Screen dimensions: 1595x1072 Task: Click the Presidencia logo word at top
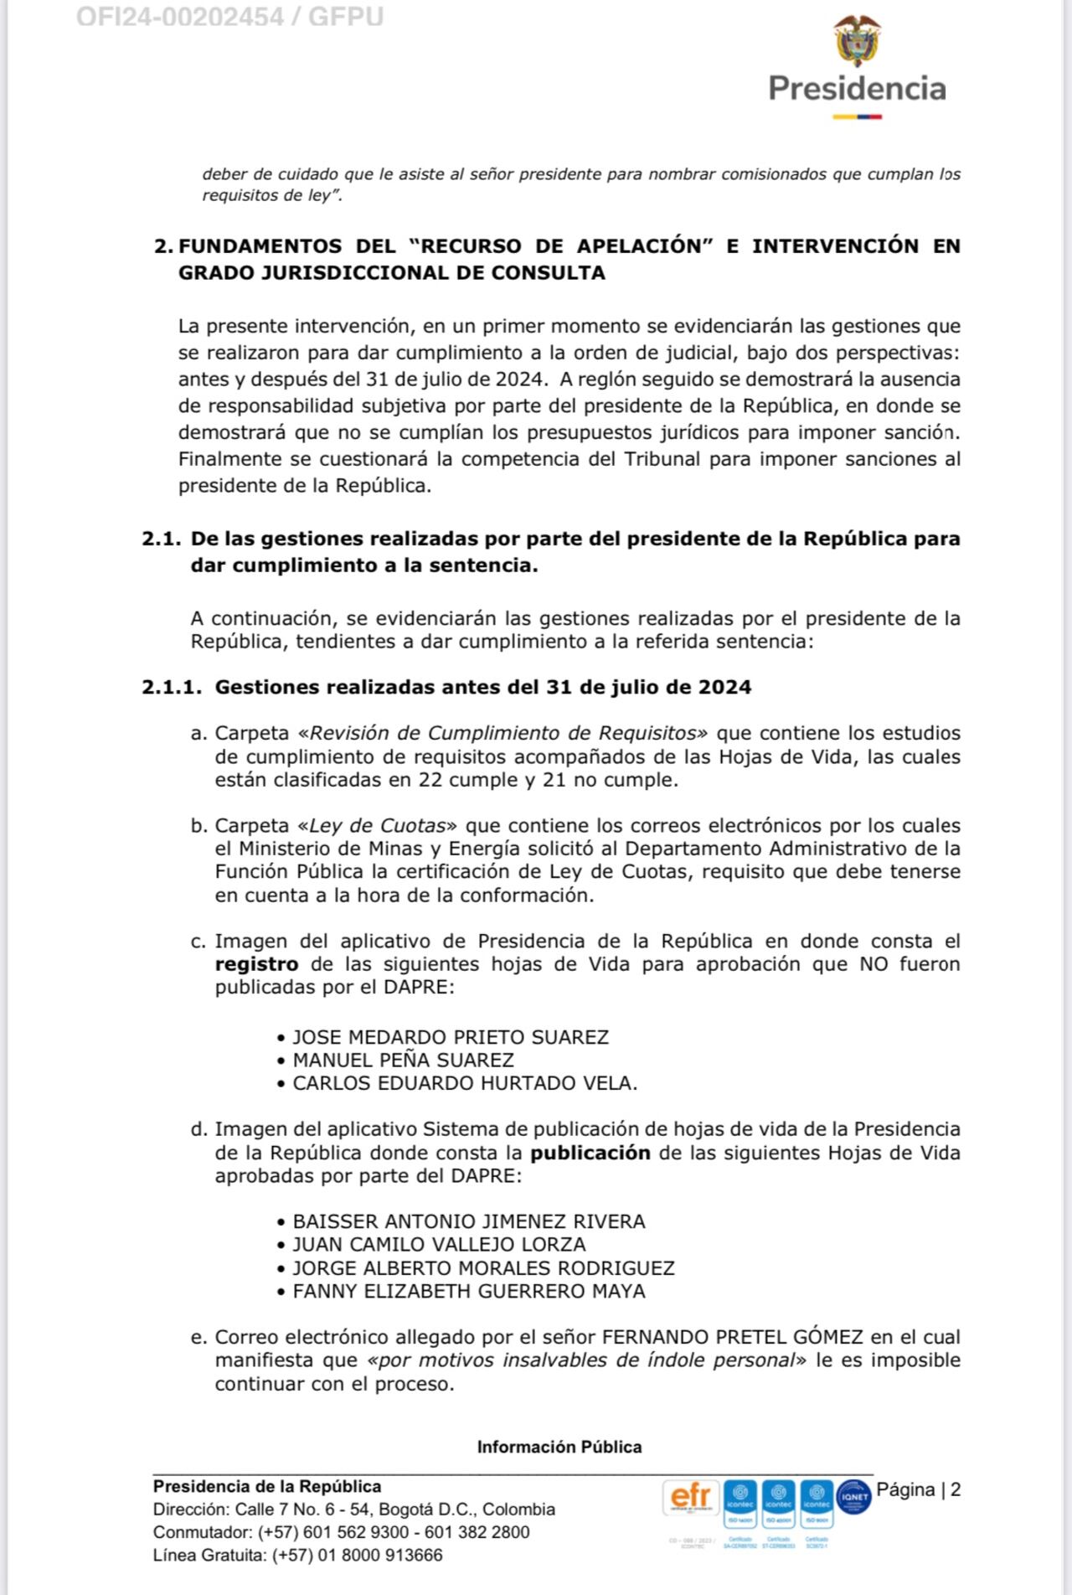[857, 89]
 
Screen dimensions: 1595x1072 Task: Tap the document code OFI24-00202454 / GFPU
[230, 16]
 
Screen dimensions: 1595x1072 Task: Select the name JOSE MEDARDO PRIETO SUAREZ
[451, 1037]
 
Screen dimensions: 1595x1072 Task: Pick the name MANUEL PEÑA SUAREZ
[403, 1060]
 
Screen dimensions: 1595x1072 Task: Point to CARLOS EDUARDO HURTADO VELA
[465, 1083]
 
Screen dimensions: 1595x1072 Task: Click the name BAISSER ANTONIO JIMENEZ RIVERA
[469, 1221]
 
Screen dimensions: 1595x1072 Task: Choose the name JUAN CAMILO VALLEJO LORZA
[439, 1245]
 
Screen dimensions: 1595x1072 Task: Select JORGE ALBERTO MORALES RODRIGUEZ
[483, 1268]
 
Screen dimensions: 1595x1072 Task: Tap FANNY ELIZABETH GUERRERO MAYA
[469, 1291]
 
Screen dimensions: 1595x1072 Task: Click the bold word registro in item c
[256, 964]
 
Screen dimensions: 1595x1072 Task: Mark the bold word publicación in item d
[590, 1153]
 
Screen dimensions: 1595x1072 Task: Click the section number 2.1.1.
[172, 688]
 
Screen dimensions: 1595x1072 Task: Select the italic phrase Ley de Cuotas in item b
[377, 825]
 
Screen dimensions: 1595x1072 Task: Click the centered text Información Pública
[559, 1447]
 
